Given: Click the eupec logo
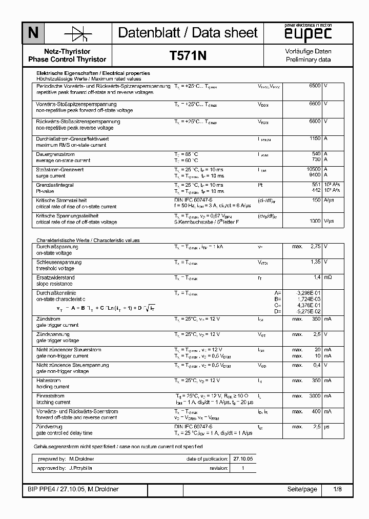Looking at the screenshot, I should point(309,33).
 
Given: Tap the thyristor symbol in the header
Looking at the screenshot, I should point(78,33).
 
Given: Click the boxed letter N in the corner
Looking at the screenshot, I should point(33,33).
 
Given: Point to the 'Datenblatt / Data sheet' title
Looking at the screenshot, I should point(188,33).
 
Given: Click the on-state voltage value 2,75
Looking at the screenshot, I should point(316,247).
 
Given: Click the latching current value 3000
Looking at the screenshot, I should point(315,396).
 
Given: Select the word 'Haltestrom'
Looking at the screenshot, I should point(49,381).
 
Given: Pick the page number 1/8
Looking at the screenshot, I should point(337,489).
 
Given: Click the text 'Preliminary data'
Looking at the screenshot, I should point(308,59).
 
